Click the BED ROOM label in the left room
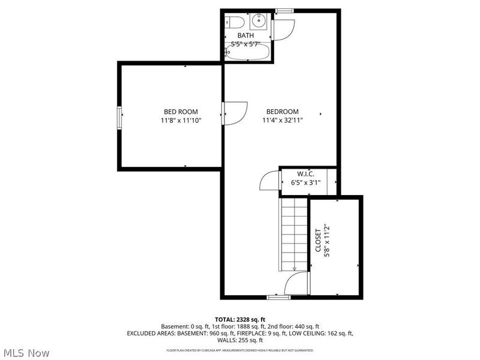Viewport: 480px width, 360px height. tap(181, 112)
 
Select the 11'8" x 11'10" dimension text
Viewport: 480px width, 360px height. tap(181, 121)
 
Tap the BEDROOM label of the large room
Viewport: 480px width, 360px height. tap(282, 112)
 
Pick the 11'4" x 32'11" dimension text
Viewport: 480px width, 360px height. tap(282, 121)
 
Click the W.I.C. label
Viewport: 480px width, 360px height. tap(306, 175)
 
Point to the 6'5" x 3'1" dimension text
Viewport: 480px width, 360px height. tap(306, 183)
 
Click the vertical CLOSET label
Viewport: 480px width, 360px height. tap(318, 240)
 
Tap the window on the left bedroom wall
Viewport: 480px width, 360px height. tap(119, 117)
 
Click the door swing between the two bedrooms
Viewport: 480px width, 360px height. tap(235, 112)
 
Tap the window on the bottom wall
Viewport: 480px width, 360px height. tap(278, 296)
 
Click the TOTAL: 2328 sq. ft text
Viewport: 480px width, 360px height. tap(240, 319)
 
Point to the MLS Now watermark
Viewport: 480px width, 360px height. tap(27, 353)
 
